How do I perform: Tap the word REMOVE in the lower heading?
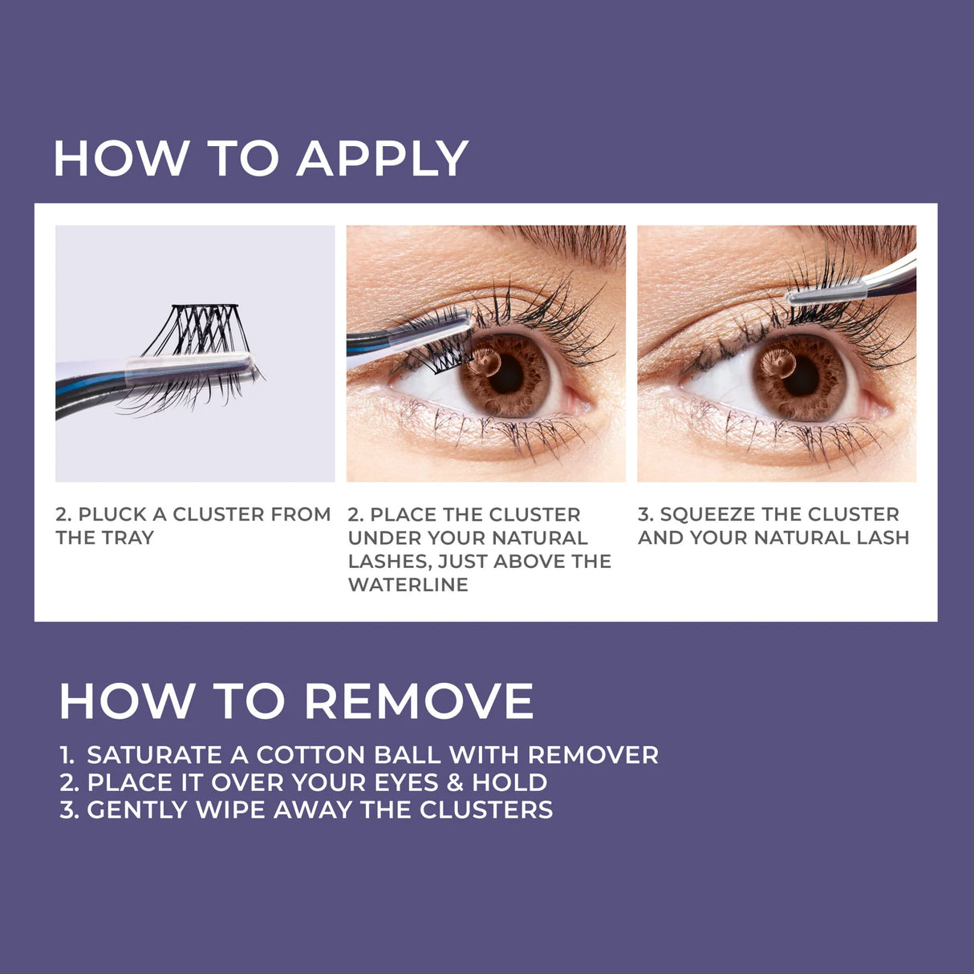tap(419, 701)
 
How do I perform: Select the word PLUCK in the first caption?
tap(112, 514)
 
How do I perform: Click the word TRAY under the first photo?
tap(129, 538)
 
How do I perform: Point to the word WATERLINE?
tap(408, 585)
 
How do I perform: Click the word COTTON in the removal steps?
tap(308, 755)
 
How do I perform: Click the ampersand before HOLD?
tap(455, 782)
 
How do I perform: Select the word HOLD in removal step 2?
tap(509, 782)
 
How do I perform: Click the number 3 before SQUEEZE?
tap(643, 514)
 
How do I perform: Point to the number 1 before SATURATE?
tap(66, 755)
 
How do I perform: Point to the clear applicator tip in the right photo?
tap(826, 292)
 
